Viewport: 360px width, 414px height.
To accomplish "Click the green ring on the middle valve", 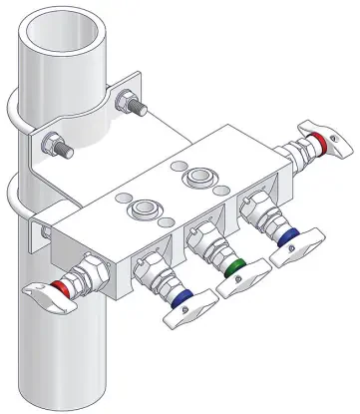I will (235, 268).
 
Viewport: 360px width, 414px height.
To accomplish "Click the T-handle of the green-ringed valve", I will (242, 283).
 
